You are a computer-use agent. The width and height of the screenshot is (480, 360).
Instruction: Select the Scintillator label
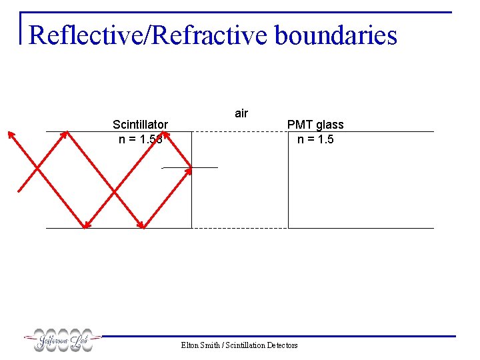(140, 124)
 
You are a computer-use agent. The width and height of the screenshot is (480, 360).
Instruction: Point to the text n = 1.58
(140, 139)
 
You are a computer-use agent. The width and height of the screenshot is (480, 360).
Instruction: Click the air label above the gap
(241, 113)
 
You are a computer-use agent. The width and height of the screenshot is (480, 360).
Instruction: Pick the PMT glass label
(315, 125)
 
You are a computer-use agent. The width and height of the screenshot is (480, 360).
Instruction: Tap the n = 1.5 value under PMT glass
(315, 139)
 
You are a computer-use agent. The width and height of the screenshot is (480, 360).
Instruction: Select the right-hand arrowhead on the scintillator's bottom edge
(141, 224)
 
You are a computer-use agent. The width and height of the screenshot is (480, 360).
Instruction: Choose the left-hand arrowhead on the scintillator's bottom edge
(84, 224)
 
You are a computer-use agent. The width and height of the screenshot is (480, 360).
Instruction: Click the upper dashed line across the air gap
(240, 131)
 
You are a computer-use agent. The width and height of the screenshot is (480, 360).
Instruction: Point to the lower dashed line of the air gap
(240, 228)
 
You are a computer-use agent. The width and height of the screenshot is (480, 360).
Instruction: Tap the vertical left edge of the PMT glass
(288, 180)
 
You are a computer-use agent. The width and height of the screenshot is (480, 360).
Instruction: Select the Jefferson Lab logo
(63, 341)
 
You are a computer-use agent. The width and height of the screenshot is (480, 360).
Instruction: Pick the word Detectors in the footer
(282, 345)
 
